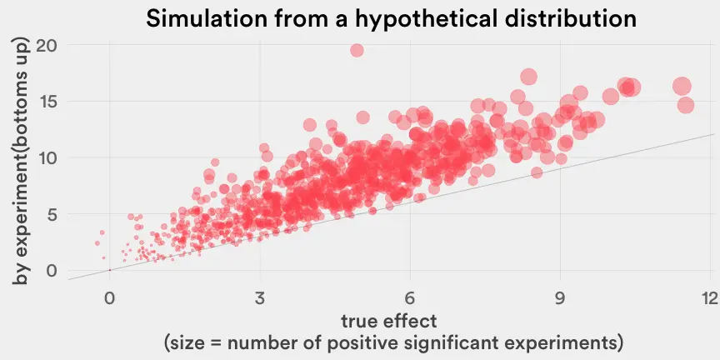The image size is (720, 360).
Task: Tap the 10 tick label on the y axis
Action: pyautogui.click(x=47, y=157)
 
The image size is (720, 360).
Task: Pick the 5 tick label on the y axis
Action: pyautogui.click(x=52, y=214)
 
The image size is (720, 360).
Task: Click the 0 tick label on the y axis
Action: pyautogui.click(x=52, y=270)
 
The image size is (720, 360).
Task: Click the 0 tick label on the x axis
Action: pyautogui.click(x=109, y=299)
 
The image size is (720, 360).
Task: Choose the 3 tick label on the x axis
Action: pyautogui.click(x=260, y=299)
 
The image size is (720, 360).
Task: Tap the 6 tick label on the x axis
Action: pyautogui.click(x=410, y=299)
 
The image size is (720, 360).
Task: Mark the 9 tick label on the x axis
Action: pyautogui.click(x=560, y=299)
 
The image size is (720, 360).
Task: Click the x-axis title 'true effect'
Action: pyautogui.click(x=389, y=321)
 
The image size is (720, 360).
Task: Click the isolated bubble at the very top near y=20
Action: pyautogui.click(x=357, y=50)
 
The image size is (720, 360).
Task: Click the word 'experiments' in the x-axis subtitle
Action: pyautogui.click(x=563, y=342)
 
